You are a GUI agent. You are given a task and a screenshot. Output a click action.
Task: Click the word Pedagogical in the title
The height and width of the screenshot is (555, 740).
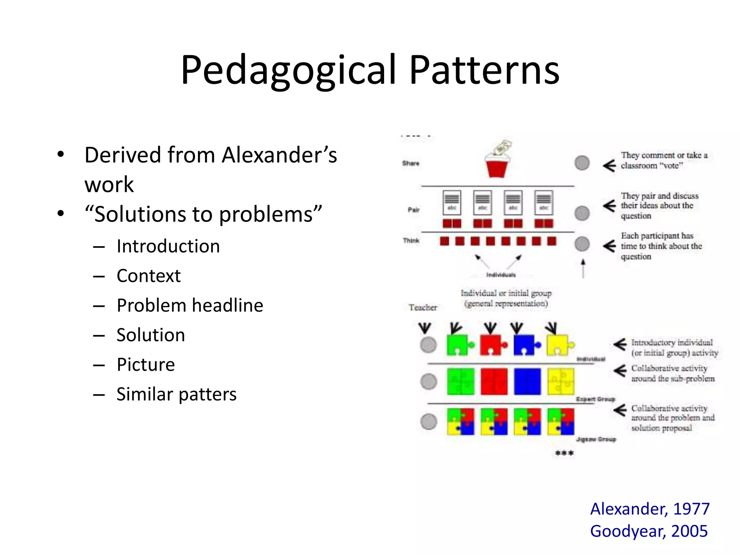[x=289, y=70]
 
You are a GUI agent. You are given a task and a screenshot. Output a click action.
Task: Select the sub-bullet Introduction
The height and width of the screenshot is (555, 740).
[x=168, y=246]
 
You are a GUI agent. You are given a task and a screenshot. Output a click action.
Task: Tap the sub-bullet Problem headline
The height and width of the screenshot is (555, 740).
[x=190, y=306]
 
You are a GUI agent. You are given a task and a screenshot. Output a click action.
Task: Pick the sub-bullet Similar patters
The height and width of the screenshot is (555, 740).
[x=176, y=394]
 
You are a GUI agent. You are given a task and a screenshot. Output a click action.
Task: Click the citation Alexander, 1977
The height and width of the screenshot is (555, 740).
[x=650, y=509]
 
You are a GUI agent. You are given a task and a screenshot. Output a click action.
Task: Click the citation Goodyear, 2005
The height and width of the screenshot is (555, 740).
[x=649, y=531]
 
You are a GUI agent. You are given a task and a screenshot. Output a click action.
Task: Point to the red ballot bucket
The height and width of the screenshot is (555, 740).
[x=496, y=167]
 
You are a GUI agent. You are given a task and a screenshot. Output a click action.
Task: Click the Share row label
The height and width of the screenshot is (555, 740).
[x=410, y=163]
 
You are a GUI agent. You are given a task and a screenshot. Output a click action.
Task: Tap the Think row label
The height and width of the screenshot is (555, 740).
[x=411, y=241]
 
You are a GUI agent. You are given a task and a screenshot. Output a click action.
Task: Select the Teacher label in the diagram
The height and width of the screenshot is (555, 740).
[x=423, y=307]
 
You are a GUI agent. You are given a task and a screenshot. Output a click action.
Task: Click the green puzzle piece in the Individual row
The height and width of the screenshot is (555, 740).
[x=458, y=345]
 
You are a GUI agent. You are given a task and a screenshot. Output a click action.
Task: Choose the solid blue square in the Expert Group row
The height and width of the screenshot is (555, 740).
[x=527, y=382]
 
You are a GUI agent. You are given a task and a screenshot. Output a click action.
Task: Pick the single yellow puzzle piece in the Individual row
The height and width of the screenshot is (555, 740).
[x=559, y=345]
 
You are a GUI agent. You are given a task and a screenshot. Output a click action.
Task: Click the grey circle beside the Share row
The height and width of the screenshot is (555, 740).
[x=582, y=163]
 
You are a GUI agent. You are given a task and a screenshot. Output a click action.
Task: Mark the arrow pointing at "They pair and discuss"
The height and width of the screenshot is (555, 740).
[x=609, y=206]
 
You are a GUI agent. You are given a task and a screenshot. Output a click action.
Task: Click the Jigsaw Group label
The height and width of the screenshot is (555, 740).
[x=596, y=439]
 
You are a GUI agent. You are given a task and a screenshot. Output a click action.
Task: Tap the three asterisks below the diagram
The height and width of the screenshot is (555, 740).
[x=564, y=453]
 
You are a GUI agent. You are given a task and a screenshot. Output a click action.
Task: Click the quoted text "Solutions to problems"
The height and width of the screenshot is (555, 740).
[x=203, y=214]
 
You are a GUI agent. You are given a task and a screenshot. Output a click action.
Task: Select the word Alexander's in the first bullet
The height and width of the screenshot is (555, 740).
[x=279, y=155]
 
